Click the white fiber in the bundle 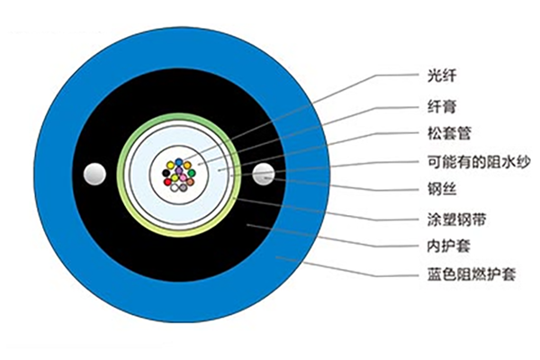[x=175, y=186]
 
